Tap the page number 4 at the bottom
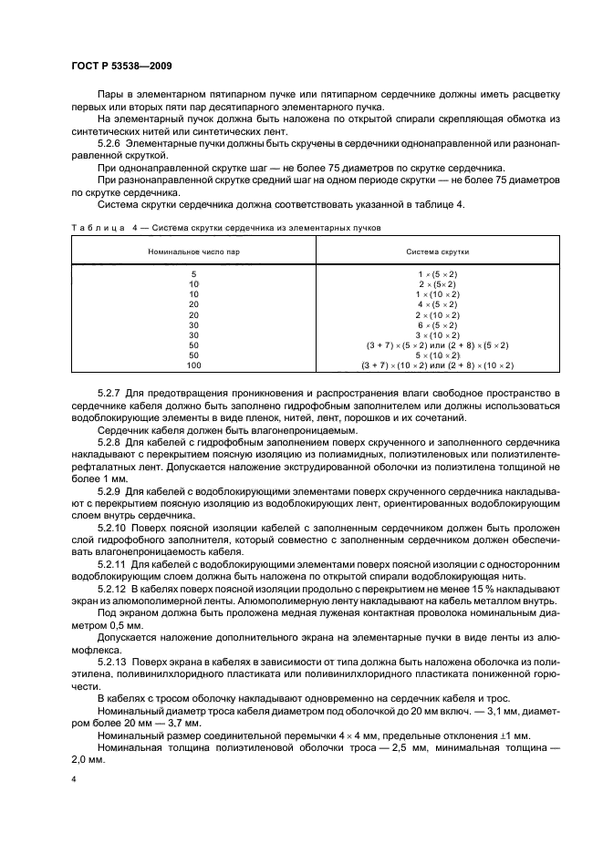click(x=74, y=780)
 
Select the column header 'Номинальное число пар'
click(x=192, y=250)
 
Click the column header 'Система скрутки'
click(x=437, y=250)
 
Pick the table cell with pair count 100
click(x=192, y=365)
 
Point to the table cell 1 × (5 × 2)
click(x=437, y=274)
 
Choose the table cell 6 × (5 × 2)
click(x=437, y=325)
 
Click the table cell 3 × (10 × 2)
click(x=437, y=335)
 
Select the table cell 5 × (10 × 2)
click(x=437, y=355)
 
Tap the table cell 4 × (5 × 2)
click(x=437, y=304)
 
